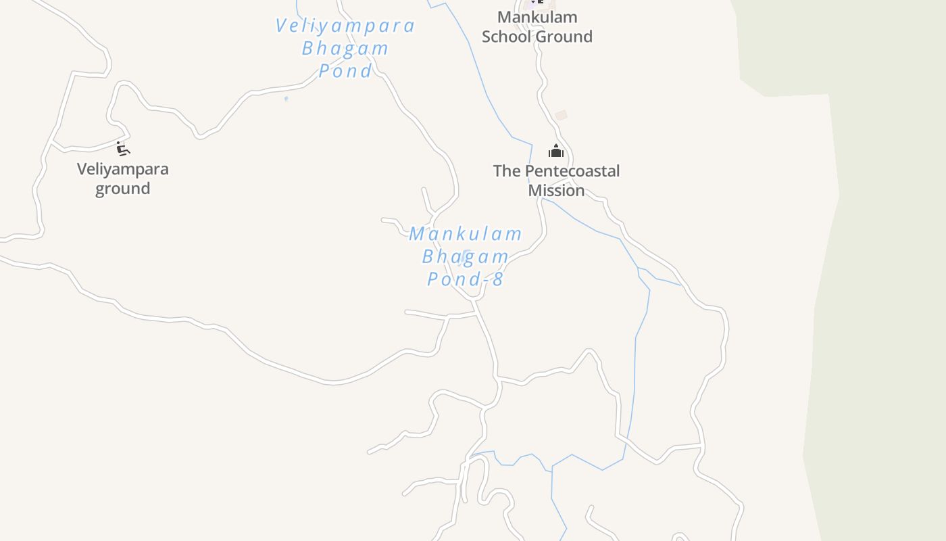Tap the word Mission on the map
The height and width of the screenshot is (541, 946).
click(556, 191)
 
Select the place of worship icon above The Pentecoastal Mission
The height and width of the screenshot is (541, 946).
click(556, 151)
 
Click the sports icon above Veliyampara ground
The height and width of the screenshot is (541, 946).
click(122, 149)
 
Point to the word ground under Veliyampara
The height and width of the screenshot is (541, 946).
click(122, 189)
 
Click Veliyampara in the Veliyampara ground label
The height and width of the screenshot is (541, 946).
click(122, 169)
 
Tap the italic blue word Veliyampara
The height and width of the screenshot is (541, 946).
click(345, 26)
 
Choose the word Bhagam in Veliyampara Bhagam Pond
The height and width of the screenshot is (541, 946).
click(345, 49)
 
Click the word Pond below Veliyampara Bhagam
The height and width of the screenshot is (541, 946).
click(345, 71)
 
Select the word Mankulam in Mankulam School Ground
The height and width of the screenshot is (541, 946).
click(537, 17)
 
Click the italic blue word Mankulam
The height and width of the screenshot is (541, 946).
click(466, 234)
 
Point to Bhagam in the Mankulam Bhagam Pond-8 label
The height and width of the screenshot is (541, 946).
click(466, 257)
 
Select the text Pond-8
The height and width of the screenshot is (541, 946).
click(466, 279)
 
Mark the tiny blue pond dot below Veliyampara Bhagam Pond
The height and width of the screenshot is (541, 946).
click(287, 99)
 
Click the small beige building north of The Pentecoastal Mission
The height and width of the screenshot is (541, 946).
click(561, 116)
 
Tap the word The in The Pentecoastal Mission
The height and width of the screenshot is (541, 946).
click(507, 171)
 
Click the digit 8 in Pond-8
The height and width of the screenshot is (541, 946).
click(498, 279)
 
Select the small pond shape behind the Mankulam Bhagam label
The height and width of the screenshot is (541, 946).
click(466, 254)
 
